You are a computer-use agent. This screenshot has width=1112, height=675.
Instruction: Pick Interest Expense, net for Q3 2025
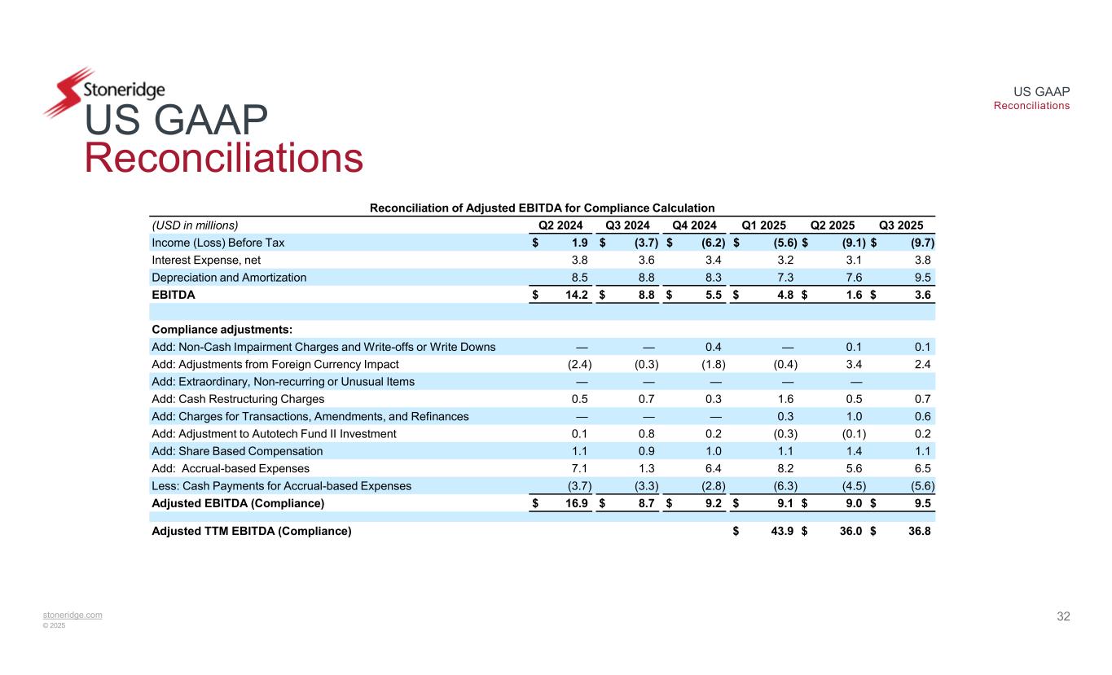[x=922, y=260]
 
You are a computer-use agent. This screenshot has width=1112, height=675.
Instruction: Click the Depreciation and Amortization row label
[x=229, y=278]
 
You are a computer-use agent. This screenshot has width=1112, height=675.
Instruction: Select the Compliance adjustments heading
[x=222, y=330]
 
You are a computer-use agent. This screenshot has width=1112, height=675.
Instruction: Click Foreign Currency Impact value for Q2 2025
[x=855, y=364]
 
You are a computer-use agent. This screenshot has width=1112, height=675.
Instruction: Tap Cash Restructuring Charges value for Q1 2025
[x=786, y=399]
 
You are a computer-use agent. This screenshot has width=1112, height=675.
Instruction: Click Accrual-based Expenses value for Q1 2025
[x=786, y=468]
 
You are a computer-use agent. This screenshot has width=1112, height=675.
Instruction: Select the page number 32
[x=1063, y=616]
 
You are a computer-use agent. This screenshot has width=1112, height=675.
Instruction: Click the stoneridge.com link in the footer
[x=73, y=615]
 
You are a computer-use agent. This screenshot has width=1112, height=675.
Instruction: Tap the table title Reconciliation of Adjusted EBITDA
[x=542, y=208]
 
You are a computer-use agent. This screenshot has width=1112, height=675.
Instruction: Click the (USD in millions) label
[x=195, y=226]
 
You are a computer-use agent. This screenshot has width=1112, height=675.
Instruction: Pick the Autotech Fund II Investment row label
[x=274, y=434]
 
